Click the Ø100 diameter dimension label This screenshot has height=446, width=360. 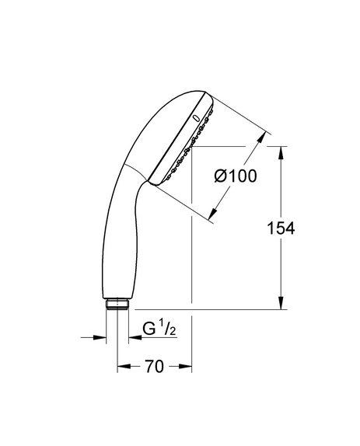(x=236, y=176)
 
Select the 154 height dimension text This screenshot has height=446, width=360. (x=281, y=228)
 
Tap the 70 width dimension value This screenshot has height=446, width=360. (x=155, y=366)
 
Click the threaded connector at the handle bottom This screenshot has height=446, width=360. (x=117, y=304)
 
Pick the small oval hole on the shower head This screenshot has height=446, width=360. (x=197, y=117)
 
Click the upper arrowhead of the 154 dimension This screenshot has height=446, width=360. (x=281, y=153)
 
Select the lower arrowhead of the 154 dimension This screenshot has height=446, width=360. (x=281, y=303)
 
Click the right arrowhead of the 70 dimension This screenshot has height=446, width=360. (x=185, y=367)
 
